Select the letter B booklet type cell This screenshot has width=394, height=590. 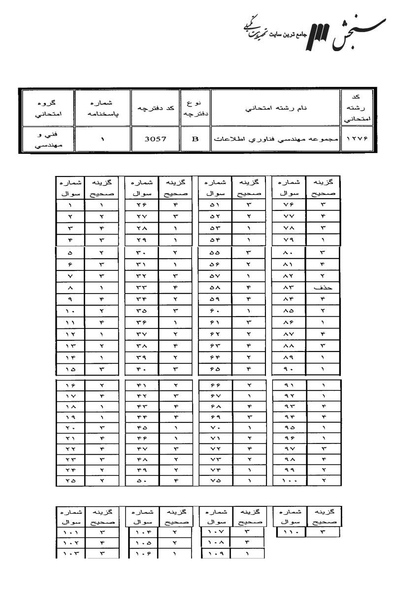195,139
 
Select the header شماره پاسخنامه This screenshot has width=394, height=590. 102,108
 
